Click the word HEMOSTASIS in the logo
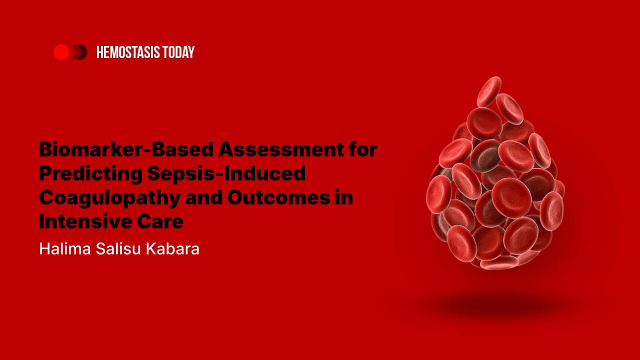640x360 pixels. pyautogui.click(x=128, y=52)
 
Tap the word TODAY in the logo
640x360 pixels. pyautogui.click(x=178, y=52)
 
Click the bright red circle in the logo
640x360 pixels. pyautogui.click(x=61, y=52)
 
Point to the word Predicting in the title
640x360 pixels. pyautogui.click(x=89, y=173)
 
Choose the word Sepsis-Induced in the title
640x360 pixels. pyautogui.click(x=226, y=173)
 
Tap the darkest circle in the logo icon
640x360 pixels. pyautogui.click(x=81, y=52)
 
